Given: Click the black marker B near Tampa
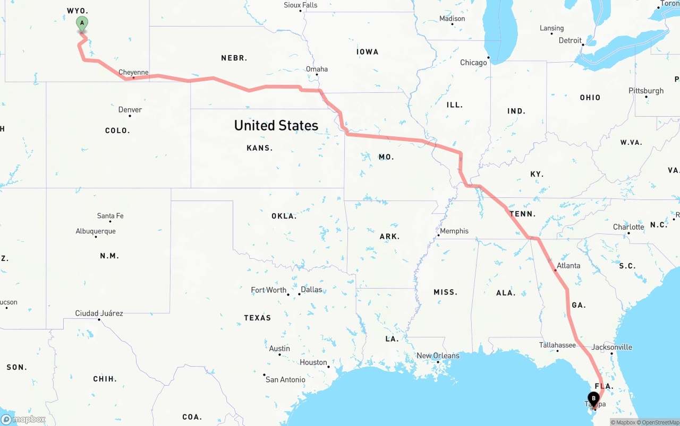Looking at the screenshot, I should pyautogui.click(x=593, y=398).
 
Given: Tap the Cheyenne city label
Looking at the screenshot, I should pyautogui.click(x=133, y=72).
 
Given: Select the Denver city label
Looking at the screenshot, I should pyautogui.click(x=130, y=110).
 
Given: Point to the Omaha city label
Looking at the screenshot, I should pyautogui.click(x=317, y=69).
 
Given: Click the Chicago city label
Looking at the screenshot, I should pyautogui.click(x=473, y=63).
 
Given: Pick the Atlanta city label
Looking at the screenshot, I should pyautogui.click(x=568, y=265).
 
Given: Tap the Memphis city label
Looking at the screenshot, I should pyautogui.click(x=454, y=231).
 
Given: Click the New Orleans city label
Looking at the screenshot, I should pyautogui.click(x=438, y=355).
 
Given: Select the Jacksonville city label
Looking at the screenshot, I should pyautogui.click(x=612, y=347).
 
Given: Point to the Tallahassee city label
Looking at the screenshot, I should pyautogui.click(x=557, y=345).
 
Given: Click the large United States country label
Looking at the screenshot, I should pyautogui.click(x=276, y=125).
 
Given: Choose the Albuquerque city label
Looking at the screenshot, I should pyautogui.click(x=96, y=231).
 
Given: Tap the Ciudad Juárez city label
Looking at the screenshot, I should pyautogui.click(x=99, y=314).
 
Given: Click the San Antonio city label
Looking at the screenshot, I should pyautogui.click(x=285, y=379).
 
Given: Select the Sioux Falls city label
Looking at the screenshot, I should pyautogui.click(x=300, y=5).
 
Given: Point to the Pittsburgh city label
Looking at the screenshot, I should pyautogui.click(x=646, y=91).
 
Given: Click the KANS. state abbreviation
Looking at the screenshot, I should pyautogui.click(x=260, y=148).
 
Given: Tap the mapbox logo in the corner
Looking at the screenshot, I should pyautogui.click(x=23, y=419).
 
